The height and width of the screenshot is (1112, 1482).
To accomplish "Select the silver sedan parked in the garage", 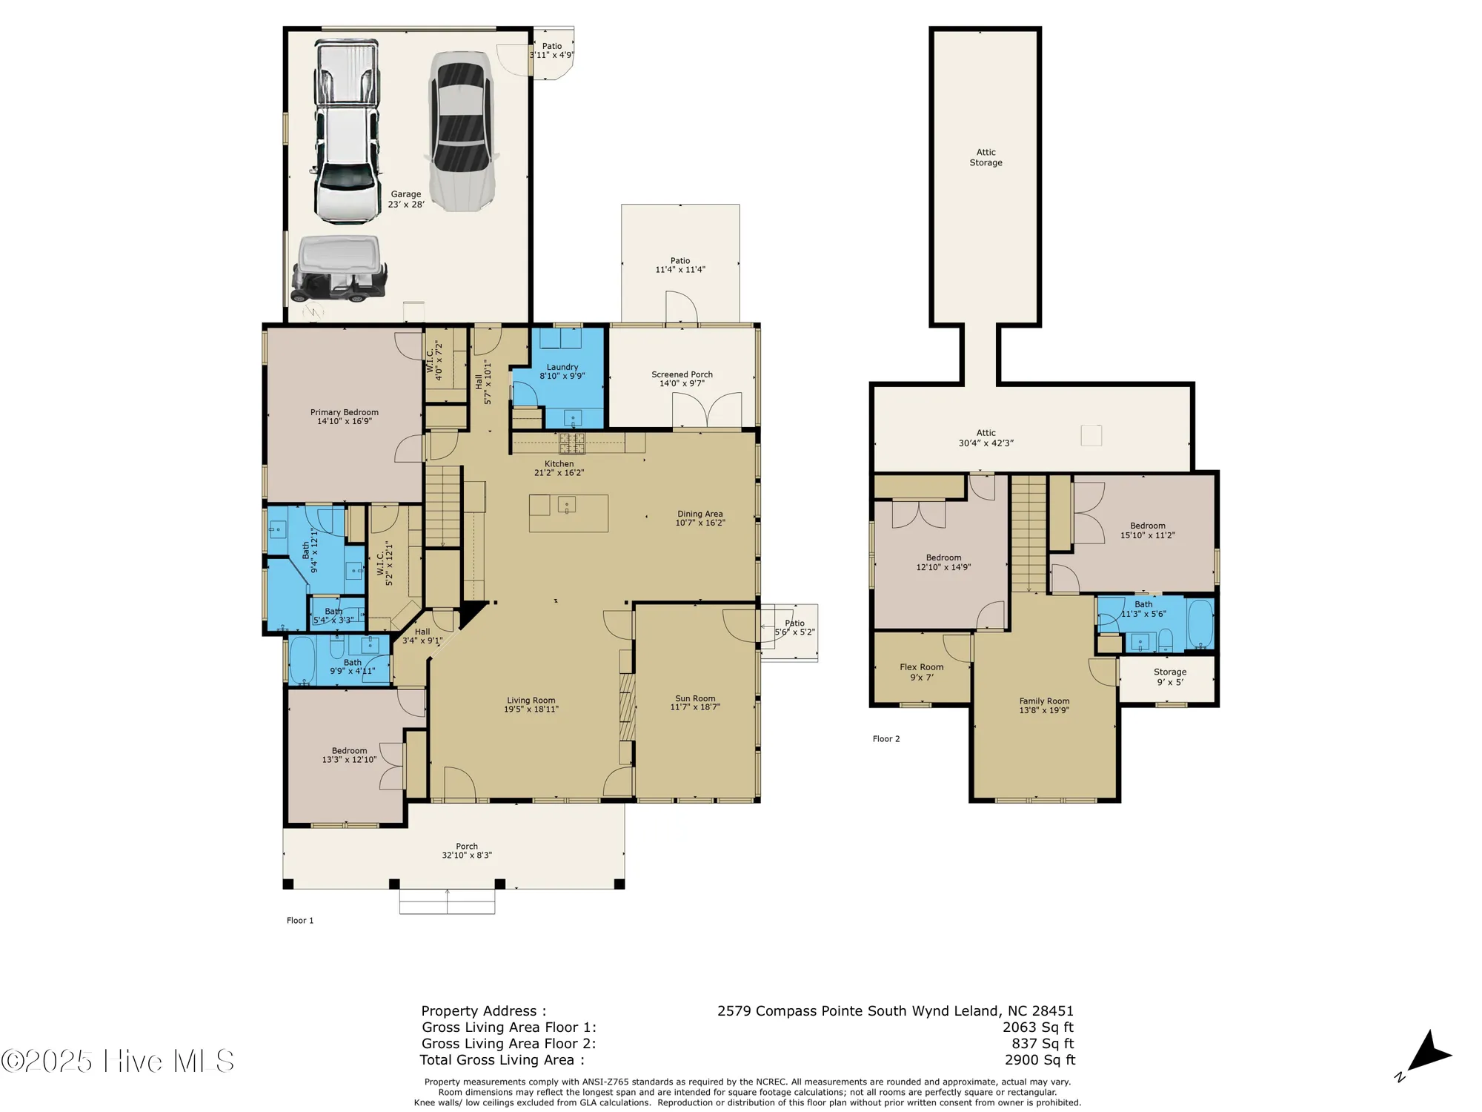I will pyautogui.click(x=460, y=131).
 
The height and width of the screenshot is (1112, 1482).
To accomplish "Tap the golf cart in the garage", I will pyautogui.click(x=339, y=268).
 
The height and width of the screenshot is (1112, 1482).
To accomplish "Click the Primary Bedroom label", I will pyautogui.click(x=344, y=412).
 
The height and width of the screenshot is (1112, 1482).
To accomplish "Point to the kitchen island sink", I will pyautogui.click(x=567, y=506).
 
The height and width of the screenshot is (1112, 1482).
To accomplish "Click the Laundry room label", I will pyautogui.click(x=562, y=367).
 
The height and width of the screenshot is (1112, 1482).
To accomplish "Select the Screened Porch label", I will pyautogui.click(x=682, y=374).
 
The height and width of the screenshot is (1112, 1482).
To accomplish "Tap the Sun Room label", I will pyautogui.click(x=695, y=698).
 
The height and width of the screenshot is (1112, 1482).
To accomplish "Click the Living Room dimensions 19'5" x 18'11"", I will pyautogui.click(x=531, y=709).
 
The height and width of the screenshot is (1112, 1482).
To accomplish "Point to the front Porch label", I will pyautogui.click(x=467, y=846).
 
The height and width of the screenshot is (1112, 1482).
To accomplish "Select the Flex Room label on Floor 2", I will pyautogui.click(x=921, y=667).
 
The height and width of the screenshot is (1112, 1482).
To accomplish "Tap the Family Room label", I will pyautogui.click(x=1044, y=701).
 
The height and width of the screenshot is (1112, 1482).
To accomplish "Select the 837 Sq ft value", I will pyautogui.click(x=1043, y=1044).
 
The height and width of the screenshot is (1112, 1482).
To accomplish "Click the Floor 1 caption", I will pyautogui.click(x=300, y=921).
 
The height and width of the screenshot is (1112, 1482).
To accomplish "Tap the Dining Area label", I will pyautogui.click(x=700, y=514).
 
